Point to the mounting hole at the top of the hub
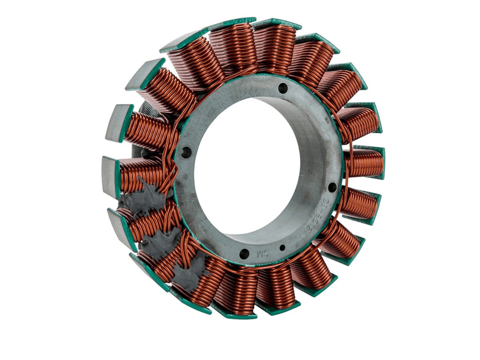coord(283,88)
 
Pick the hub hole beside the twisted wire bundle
coord(186,152)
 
